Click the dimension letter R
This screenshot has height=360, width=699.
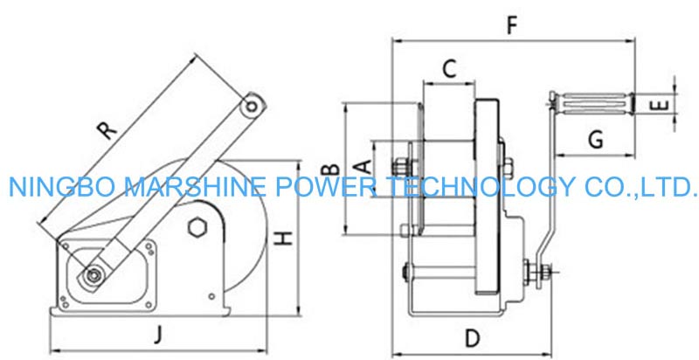[106, 130]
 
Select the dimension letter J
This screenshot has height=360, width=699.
[158, 333]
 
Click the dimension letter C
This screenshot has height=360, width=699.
[447, 69]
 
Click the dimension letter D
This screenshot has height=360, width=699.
[473, 336]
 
